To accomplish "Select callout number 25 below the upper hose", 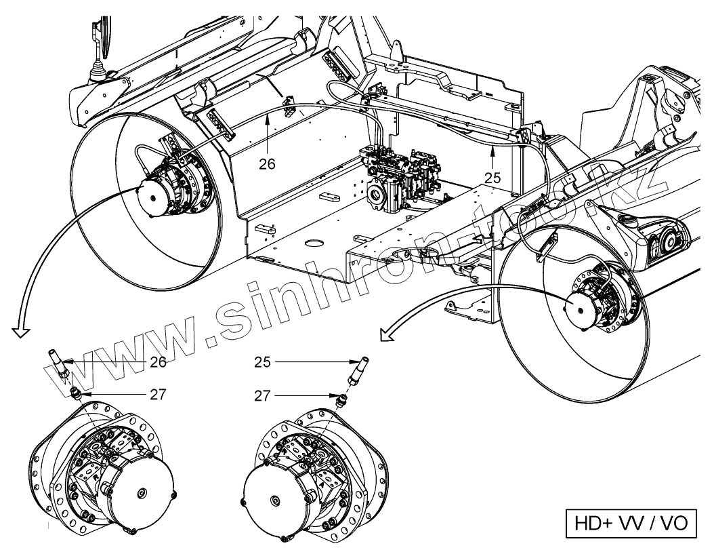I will (x=492, y=178).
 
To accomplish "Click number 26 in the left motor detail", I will (x=158, y=362).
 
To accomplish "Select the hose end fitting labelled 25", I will (x=356, y=369).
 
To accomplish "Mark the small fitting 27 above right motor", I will (x=341, y=399).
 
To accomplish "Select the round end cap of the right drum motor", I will (x=581, y=306).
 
